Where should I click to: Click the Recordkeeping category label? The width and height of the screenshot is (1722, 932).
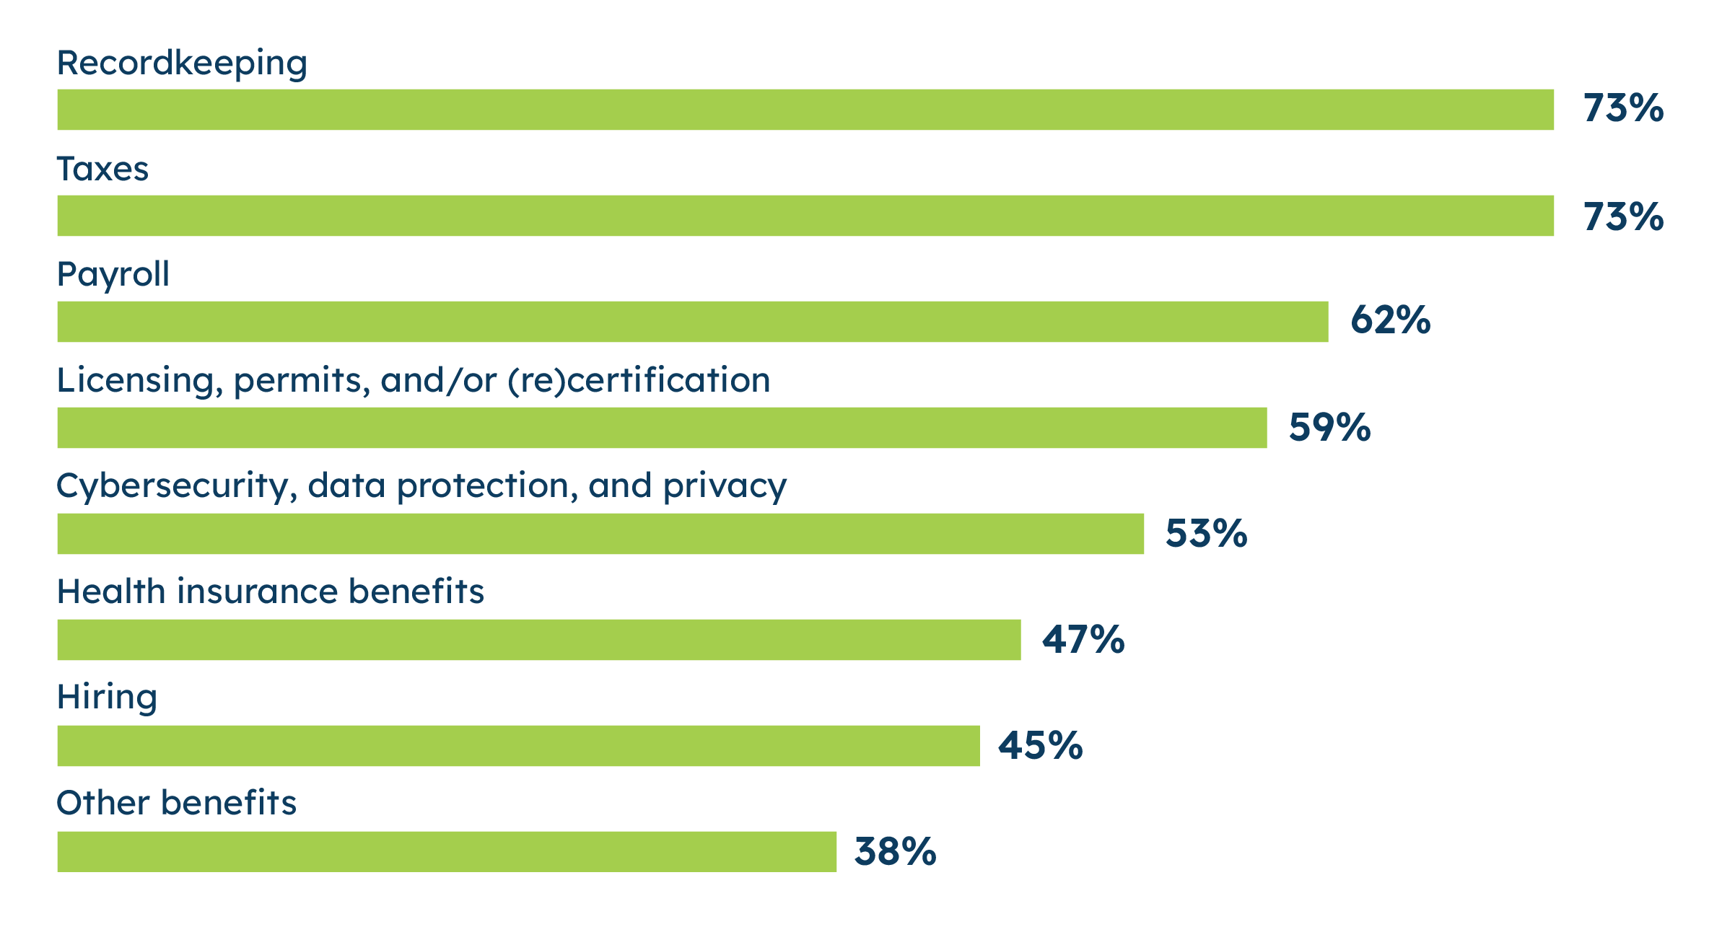182,63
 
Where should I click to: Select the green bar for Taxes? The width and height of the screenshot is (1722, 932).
805,216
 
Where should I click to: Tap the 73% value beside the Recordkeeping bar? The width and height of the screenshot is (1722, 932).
1622,109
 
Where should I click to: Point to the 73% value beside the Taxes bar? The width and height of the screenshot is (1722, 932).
1622,216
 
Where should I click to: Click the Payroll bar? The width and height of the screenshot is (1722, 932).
692,322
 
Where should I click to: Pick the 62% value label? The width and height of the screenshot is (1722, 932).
1390,320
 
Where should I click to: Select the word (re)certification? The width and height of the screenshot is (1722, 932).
639,380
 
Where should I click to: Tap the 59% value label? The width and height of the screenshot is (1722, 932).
1329,427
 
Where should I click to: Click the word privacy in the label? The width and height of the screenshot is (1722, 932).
725,487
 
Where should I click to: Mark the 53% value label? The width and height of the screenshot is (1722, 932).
1206,534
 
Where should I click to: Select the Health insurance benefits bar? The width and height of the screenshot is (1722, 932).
538,640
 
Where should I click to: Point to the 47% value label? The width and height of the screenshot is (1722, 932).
1083,640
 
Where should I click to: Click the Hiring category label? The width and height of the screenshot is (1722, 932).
107,698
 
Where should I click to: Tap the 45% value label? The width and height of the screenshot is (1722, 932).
1040,746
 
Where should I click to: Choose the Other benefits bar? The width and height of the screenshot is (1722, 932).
447,851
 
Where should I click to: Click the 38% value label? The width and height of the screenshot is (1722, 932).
895,852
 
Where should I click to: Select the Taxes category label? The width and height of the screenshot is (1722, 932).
102,170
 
